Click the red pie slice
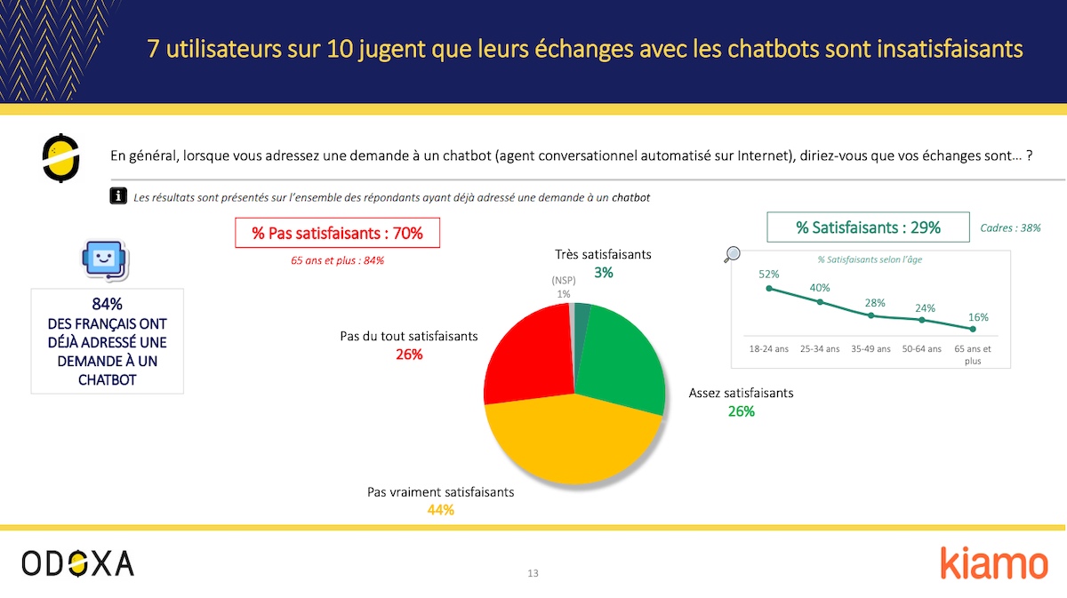click(x=526, y=355)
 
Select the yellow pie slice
click(x=569, y=444)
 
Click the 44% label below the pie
click(x=440, y=510)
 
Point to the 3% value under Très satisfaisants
click(x=604, y=273)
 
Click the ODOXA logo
click(x=78, y=562)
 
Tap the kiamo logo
click(x=994, y=563)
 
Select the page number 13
click(x=533, y=573)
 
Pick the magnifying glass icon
click(x=733, y=255)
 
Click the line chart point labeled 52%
click(x=769, y=289)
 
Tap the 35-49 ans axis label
click(x=870, y=349)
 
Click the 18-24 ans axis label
click(x=769, y=349)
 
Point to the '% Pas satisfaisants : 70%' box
click(x=337, y=234)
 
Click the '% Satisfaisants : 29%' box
click(x=868, y=227)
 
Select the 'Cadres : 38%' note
click(x=1010, y=228)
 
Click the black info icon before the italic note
click(x=117, y=196)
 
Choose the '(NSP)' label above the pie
click(x=564, y=282)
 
